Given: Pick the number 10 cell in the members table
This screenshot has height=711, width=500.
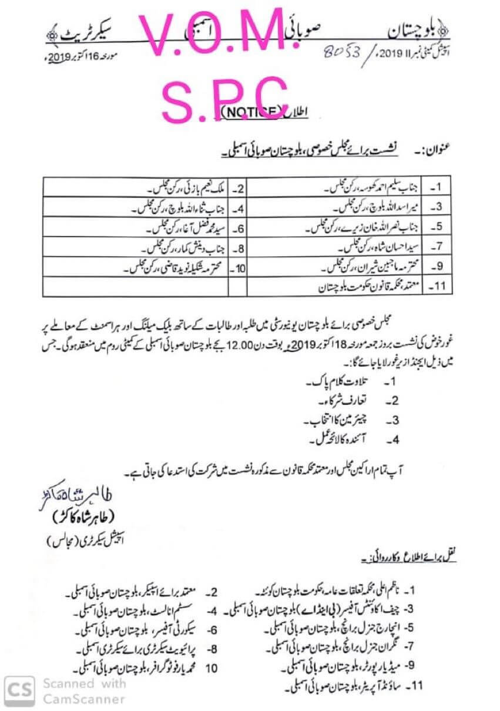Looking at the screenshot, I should pyautogui.click(x=237, y=267).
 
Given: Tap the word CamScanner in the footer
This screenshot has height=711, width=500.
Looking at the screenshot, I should pyautogui.click(x=83, y=699).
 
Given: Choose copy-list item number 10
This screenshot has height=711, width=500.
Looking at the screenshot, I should pyautogui.click(x=212, y=668).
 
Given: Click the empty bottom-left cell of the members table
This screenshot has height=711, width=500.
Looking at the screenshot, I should pyautogui.click(x=135, y=287).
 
